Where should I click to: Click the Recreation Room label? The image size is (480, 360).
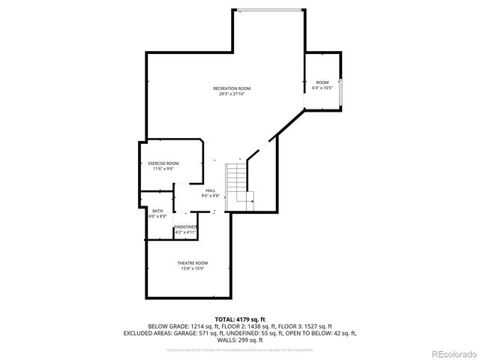click(231, 88)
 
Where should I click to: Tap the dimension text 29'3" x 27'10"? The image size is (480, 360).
click(231, 94)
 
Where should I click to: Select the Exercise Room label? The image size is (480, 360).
click(163, 163)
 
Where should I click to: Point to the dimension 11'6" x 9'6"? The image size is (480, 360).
click(163, 168)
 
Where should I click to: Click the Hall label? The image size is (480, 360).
click(211, 191)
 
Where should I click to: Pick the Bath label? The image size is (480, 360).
click(157, 211)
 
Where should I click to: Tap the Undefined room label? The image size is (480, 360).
click(185, 227)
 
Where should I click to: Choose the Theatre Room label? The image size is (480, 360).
click(193, 263)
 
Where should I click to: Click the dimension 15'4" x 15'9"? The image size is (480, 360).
click(193, 268)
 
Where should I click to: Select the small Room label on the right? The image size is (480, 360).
click(322, 82)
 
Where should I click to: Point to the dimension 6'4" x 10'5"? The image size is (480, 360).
click(322, 88)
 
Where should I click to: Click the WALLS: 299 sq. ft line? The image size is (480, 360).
click(240, 339)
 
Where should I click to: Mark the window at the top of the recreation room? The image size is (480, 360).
click(270, 10)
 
